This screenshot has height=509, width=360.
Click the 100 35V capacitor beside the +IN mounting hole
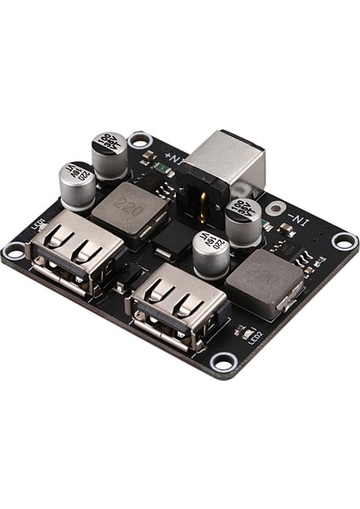pyautogui.click(x=110, y=154)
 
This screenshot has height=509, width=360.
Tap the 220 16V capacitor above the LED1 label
pyautogui.click(x=76, y=184)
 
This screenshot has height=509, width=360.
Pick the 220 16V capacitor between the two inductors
pyautogui.click(x=210, y=252)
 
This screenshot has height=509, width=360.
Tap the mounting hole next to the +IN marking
pyautogui.click(x=140, y=141)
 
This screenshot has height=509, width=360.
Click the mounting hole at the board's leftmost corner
pyautogui.click(x=14, y=252)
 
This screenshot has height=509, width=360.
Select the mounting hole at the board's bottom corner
pyautogui.click(x=222, y=362)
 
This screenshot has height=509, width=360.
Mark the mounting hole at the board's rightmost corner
pyautogui.click(x=343, y=240)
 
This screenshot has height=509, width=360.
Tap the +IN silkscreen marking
pyautogui.click(x=174, y=159)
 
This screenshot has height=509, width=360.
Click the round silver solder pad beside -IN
pyautogui.click(x=275, y=209)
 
